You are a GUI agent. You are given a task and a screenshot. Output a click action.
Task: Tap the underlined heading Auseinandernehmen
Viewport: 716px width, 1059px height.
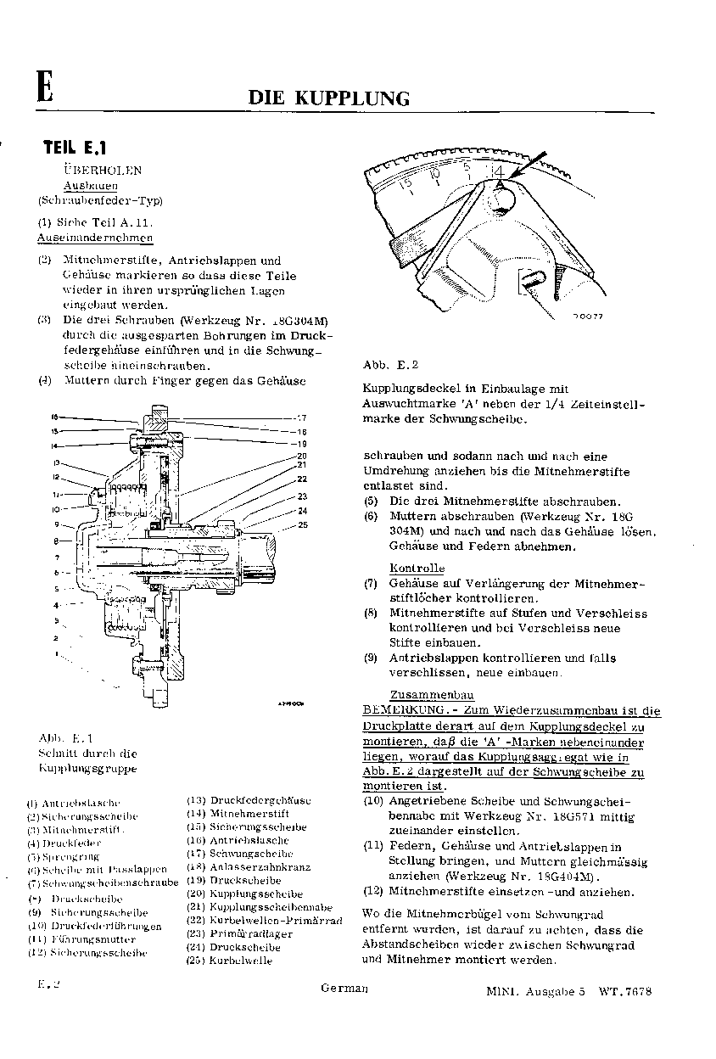click(x=108, y=238)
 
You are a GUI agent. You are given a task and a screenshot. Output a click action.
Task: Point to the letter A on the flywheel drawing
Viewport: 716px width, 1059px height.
click(x=501, y=182)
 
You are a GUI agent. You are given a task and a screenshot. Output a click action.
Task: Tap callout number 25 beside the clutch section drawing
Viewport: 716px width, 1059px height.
click(x=302, y=526)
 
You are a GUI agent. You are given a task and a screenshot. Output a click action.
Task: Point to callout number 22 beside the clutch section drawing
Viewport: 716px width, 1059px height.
click(x=302, y=479)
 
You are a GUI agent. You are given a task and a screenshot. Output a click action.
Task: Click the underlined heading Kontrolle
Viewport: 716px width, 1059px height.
click(x=417, y=568)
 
